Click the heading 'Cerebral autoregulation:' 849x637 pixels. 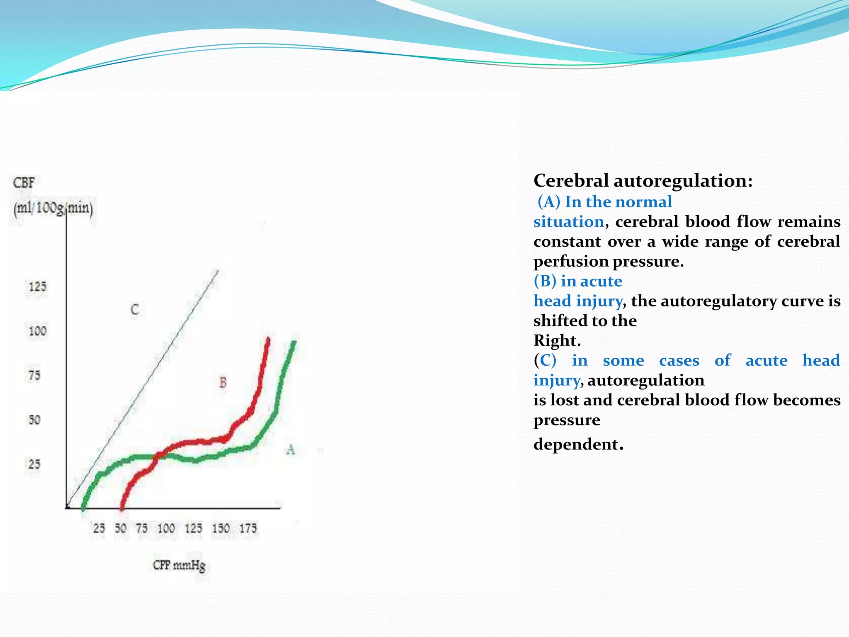(x=643, y=181)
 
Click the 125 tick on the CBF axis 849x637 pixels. (x=37, y=287)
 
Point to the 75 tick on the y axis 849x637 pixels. (x=34, y=375)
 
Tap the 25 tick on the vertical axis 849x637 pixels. (x=34, y=464)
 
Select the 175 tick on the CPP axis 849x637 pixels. (x=248, y=528)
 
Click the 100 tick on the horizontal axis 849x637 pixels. (x=166, y=528)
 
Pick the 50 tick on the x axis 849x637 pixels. (x=121, y=528)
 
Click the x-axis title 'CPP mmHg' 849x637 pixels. (x=179, y=565)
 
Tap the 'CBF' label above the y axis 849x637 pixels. (x=24, y=182)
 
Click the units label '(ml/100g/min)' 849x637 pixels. (x=53, y=207)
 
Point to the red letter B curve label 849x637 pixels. (x=223, y=382)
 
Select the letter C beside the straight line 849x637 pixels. (x=135, y=309)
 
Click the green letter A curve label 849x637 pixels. (x=291, y=449)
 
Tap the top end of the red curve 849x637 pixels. (x=268, y=340)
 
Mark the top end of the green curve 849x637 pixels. (x=294, y=343)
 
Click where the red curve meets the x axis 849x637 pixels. (x=122, y=507)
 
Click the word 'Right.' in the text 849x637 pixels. (x=557, y=340)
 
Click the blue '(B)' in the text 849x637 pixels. (x=545, y=281)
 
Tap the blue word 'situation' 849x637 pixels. (x=568, y=221)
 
